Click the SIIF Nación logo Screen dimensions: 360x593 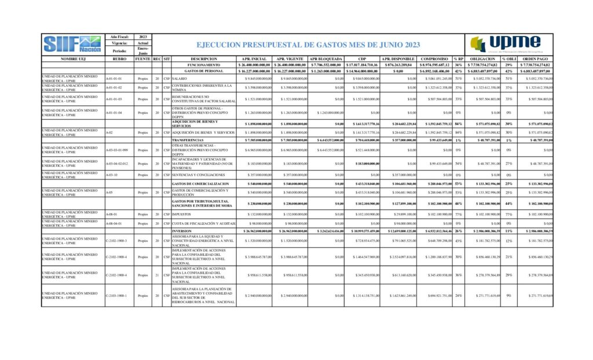(72, 45)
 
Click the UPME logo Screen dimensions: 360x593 (505, 45)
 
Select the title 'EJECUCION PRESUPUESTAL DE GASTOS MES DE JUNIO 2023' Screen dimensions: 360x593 (308, 45)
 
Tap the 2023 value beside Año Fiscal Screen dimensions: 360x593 (143, 37)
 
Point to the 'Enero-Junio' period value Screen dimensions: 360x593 (143, 51)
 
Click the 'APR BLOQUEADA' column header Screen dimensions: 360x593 (326, 59)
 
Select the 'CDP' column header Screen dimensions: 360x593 (362, 59)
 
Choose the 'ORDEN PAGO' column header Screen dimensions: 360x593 (532, 59)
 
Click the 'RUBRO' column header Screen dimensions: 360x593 (119, 59)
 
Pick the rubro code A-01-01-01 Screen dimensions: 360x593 (114, 78)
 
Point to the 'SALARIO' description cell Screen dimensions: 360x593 (180, 78)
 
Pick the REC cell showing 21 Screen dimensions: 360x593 (157, 275)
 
